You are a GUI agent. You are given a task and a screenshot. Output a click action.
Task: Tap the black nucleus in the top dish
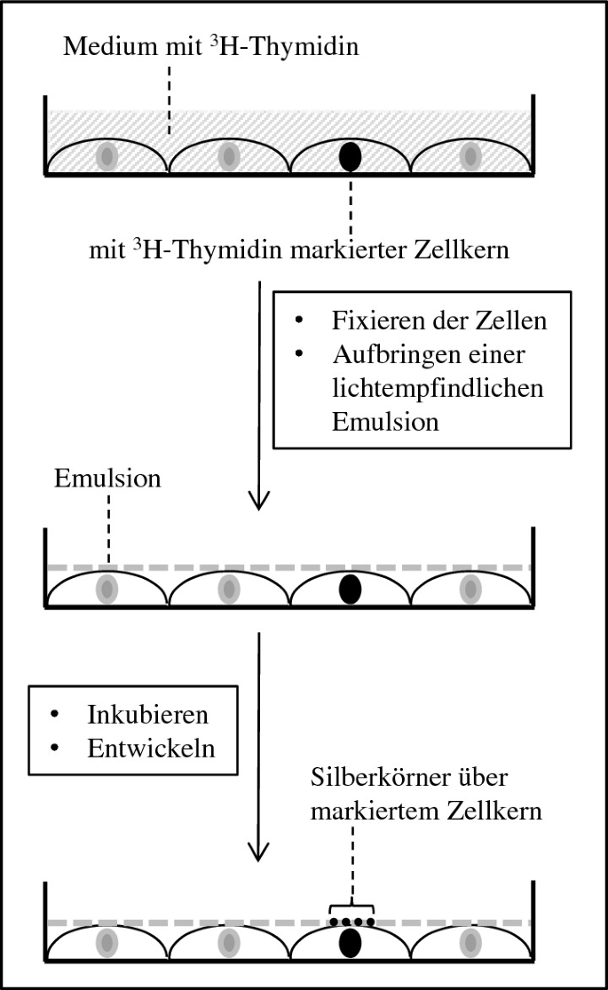click(x=351, y=157)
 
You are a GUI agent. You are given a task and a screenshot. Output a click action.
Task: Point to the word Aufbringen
click(x=388, y=355)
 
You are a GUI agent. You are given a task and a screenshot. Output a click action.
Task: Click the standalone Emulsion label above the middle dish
click(x=107, y=479)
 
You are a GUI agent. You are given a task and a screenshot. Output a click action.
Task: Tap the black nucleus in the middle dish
click(x=351, y=589)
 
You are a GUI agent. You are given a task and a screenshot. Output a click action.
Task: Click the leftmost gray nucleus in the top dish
click(x=107, y=157)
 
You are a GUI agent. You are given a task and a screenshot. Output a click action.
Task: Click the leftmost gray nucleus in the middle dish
click(x=107, y=589)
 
